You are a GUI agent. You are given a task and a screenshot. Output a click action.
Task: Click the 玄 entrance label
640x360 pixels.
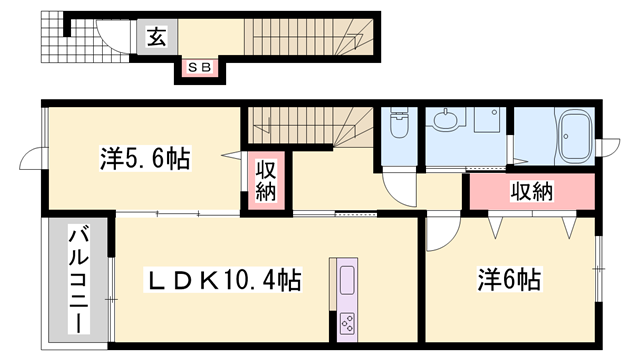pos(156,38)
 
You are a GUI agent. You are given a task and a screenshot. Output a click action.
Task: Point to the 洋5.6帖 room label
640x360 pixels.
pos(145,158)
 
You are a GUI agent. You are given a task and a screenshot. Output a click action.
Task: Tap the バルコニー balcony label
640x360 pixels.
pos(76,281)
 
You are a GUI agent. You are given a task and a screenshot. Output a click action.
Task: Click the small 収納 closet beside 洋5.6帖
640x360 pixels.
pos(266,181)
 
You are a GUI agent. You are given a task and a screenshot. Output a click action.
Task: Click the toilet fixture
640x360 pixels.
pos(400,125)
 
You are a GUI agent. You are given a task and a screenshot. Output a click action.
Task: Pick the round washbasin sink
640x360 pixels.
pos(446,122)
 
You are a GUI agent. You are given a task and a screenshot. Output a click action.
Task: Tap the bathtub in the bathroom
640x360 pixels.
pos(577,136)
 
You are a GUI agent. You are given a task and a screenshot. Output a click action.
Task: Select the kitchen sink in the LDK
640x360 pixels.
pos(348,281)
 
